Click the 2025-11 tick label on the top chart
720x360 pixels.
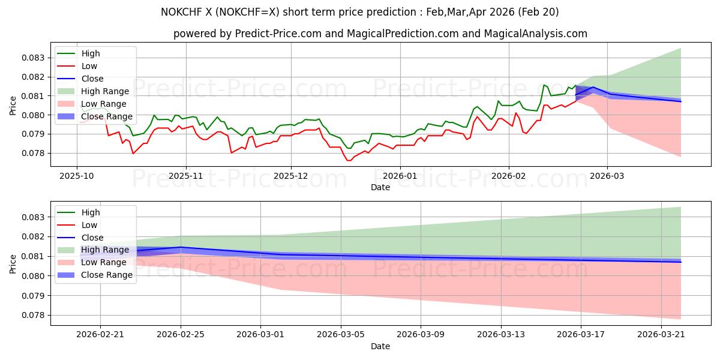pyautogui.click(x=186, y=175)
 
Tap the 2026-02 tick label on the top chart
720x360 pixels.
pyautogui.click(x=509, y=175)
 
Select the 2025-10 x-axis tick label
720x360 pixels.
pyautogui.click(x=77, y=175)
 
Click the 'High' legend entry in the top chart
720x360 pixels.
pyautogui.click(x=91, y=53)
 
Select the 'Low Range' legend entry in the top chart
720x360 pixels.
pyautogui.click(x=104, y=104)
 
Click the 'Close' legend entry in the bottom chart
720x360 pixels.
pyautogui.click(x=92, y=238)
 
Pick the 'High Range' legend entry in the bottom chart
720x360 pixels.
pyautogui.click(x=105, y=250)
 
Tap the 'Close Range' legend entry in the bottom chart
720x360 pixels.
pyautogui.click(x=107, y=275)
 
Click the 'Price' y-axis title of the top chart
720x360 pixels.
pyautogui.click(x=13, y=106)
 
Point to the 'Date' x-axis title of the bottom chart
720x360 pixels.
pyautogui.click(x=380, y=346)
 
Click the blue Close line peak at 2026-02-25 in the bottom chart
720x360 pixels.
pyautogui.click(x=181, y=247)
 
